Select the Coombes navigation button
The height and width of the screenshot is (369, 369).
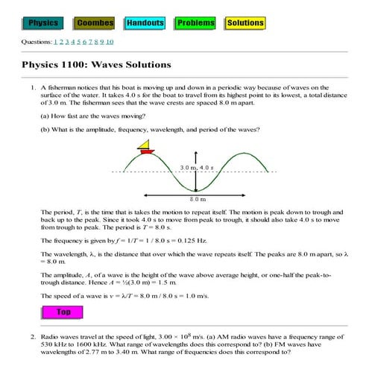pyautogui.click(x=95, y=23)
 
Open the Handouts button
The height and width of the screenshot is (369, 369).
pyautogui.click(x=145, y=23)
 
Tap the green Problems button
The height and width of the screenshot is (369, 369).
pyautogui.click(x=195, y=23)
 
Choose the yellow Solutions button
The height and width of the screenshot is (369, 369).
pyautogui.click(x=245, y=23)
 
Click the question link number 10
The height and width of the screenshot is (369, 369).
pyautogui.click(x=110, y=42)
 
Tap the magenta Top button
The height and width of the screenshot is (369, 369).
pyautogui.click(x=63, y=312)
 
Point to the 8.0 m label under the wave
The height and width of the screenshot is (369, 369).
pyautogui.click(x=198, y=199)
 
